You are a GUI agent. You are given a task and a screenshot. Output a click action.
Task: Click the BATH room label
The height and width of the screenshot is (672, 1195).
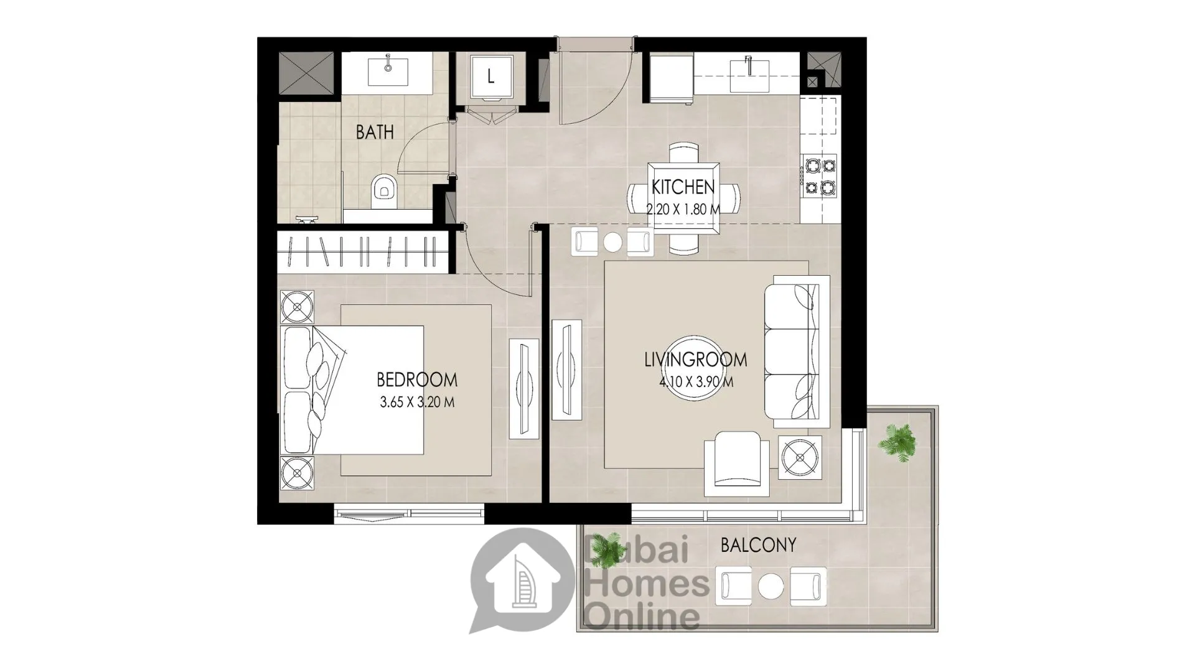coord(375,132)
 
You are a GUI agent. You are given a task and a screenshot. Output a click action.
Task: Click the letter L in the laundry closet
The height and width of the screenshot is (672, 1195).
coord(491,77)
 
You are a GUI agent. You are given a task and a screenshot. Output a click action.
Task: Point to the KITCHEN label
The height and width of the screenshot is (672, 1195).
coord(683,187)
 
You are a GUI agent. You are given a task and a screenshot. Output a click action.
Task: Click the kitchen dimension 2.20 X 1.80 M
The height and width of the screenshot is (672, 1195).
coord(683,210)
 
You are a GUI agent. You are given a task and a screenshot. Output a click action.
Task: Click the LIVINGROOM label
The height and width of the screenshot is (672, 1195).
coord(695,359)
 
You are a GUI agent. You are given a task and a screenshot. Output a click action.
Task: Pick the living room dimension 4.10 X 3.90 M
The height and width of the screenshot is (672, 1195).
coord(696,381)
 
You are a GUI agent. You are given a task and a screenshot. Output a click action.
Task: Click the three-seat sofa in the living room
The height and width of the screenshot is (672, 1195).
coord(797,351)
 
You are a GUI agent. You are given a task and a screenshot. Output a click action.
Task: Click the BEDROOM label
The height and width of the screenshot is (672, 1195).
coord(416,380)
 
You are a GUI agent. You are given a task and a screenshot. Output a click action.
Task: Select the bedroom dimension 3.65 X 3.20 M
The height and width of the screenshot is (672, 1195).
coord(417,402)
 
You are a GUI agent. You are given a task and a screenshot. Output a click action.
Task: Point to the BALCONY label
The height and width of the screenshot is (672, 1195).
coord(758,545)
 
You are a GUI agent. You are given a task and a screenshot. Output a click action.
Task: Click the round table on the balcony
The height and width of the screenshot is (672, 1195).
coord(771,586)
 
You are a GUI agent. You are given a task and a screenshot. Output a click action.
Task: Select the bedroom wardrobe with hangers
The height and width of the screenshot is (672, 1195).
coord(363,252)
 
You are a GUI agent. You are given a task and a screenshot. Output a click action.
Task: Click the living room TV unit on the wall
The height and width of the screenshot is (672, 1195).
coord(566,370)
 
